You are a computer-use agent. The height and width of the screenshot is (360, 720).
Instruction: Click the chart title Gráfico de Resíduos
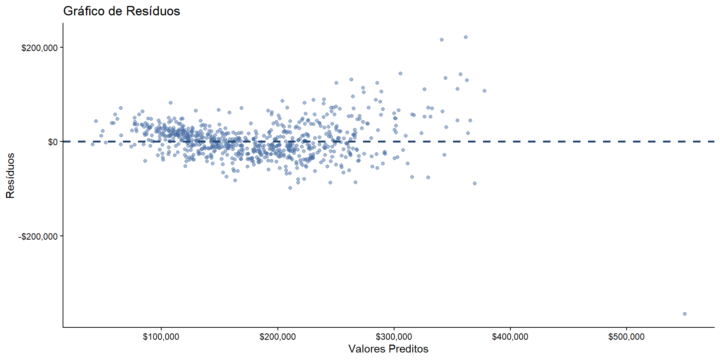tap(121, 11)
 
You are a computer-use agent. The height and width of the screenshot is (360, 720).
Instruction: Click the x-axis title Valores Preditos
tap(388, 349)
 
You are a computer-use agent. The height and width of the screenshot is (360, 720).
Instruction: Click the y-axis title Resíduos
tap(10, 175)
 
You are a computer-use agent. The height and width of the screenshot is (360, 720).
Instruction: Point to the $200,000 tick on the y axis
tap(39, 48)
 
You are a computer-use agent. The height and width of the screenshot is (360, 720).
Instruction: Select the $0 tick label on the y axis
tap(52, 142)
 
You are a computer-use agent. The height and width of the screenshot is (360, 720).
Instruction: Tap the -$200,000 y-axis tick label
tap(38, 237)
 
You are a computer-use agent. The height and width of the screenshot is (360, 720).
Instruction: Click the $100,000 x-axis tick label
tap(161, 337)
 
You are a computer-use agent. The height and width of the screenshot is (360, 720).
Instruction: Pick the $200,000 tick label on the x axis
tap(277, 337)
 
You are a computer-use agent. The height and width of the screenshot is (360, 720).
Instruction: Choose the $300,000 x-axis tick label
tap(394, 337)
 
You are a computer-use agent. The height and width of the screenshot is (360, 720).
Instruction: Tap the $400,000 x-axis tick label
tap(510, 337)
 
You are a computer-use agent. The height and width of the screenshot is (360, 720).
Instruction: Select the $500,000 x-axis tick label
tap(626, 337)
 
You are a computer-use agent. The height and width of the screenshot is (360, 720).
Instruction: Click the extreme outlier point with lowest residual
tap(684, 314)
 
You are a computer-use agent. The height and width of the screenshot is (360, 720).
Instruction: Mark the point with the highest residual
tap(466, 37)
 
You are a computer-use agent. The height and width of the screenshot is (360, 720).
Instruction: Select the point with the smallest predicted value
tap(93, 144)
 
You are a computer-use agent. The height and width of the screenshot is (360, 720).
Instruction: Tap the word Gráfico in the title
tap(84, 11)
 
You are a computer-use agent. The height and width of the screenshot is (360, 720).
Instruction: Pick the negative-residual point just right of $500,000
tap(684, 314)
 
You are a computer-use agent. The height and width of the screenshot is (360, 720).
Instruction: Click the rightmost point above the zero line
tap(484, 91)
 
